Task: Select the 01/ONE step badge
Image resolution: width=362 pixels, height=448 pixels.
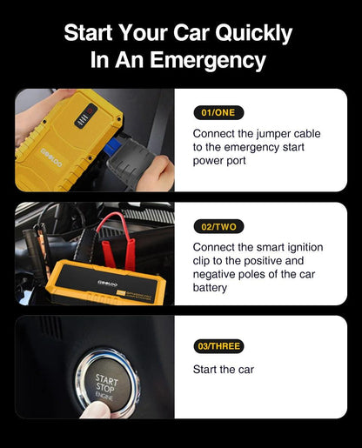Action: click(218, 112)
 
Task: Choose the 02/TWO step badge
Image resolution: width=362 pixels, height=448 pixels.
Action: click(218, 226)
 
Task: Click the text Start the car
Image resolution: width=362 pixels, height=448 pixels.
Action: click(223, 369)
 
